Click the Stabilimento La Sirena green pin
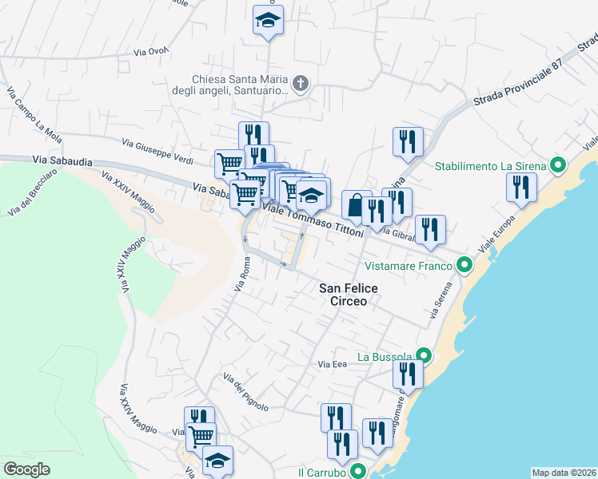click(559, 166)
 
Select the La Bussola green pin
click(424, 356)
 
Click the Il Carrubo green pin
click(359, 473)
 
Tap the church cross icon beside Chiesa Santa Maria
click(301, 84)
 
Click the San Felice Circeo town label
click(343, 295)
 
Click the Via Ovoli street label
click(152, 51)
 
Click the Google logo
click(26, 469)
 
